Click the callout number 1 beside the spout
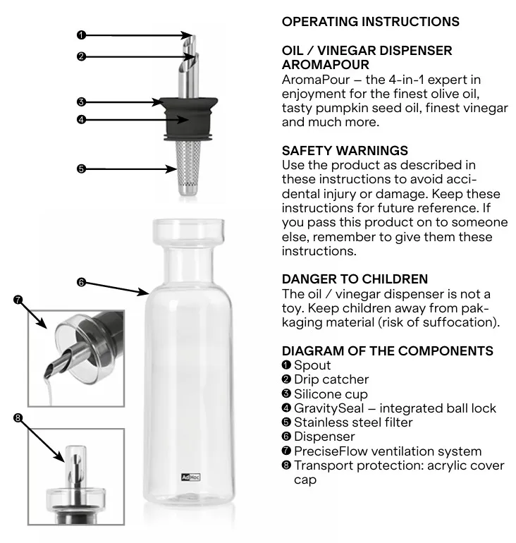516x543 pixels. (81, 35)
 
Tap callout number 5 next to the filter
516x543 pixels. (81, 169)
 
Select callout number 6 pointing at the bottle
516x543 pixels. (81, 282)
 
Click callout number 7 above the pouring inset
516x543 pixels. (18, 300)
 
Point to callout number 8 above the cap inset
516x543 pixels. (18, 418)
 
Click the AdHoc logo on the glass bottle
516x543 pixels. (191, 477)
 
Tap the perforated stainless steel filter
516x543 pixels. (188, 168)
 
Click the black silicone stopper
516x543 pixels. (190, 118)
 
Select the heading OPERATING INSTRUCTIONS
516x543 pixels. (370, 21)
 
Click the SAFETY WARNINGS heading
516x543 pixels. (345, 151)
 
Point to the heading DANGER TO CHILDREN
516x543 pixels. (355, 279)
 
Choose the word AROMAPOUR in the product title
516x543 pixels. (325, 65)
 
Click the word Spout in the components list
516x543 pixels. (312, 365)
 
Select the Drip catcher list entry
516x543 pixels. (325, 379)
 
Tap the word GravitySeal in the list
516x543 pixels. (328, 408)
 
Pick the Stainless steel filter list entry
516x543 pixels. (347, 422)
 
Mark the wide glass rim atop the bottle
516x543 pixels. (189, 232)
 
